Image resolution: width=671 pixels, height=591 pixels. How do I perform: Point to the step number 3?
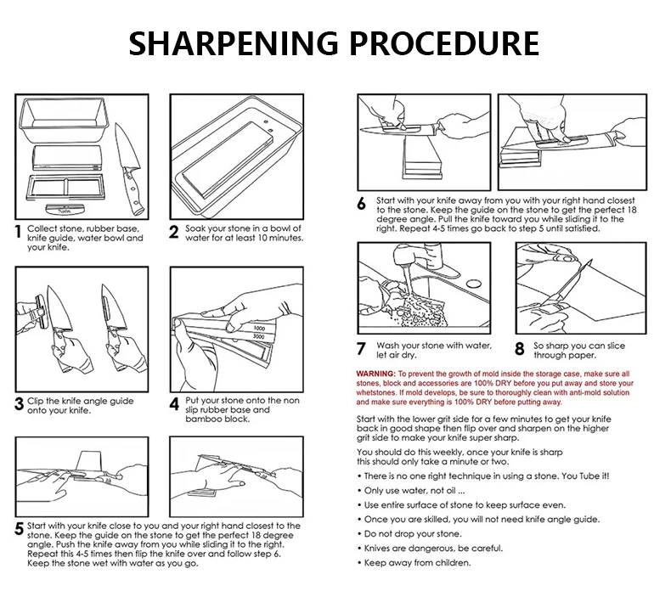(19, 404)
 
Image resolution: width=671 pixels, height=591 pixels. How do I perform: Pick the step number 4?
(173, 404)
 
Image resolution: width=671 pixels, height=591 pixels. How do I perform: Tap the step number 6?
(361, 204)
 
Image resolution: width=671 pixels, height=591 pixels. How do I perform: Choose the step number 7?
(361, 349)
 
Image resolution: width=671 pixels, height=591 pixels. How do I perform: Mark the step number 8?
(519, 349)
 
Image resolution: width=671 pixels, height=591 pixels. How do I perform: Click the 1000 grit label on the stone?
(259, 327)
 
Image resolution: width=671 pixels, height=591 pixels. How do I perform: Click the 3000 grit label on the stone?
(259, 338)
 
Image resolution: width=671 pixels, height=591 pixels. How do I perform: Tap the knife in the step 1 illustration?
(127, 161)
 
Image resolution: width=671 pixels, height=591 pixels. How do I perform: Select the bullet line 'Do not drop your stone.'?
(413, 533)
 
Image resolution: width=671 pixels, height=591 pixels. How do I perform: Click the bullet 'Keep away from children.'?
(417, 562)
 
